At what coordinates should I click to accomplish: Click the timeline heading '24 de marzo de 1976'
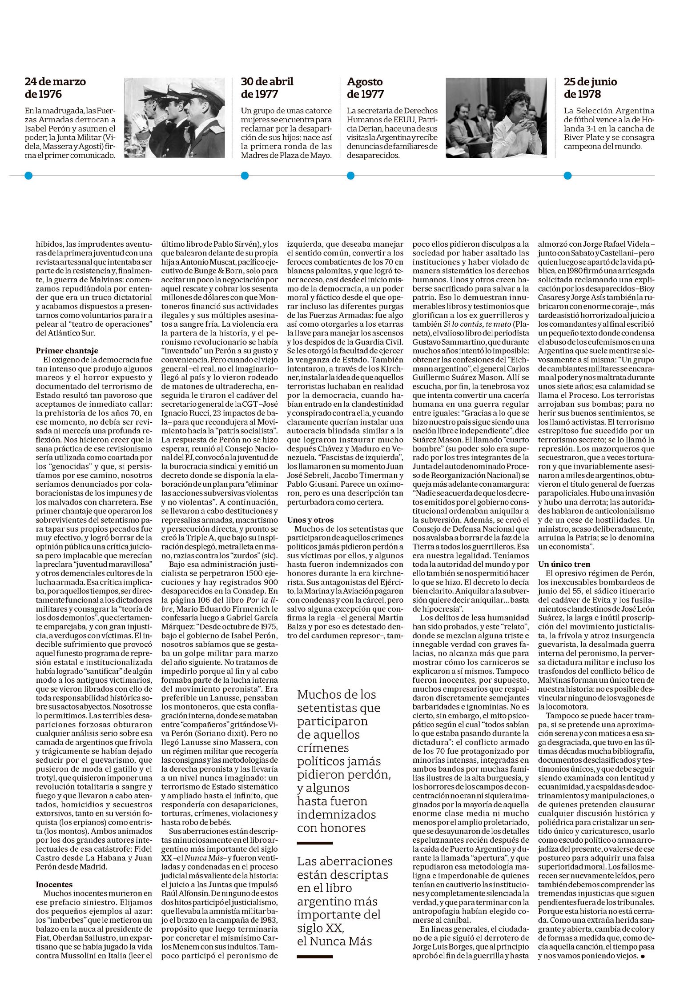(55, 88)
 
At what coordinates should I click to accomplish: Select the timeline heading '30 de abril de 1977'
(267, 88)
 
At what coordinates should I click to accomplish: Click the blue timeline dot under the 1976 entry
(29, 176)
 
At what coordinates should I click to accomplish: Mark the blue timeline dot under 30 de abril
(244, 176)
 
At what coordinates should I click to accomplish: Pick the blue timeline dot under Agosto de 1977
(350, 176)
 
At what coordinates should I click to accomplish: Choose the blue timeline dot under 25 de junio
(567, 176)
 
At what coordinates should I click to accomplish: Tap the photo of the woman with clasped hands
(496, 118)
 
